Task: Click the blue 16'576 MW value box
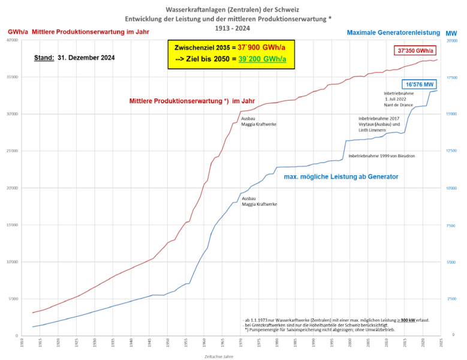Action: [417, 85]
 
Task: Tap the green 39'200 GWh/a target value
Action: [262, 59]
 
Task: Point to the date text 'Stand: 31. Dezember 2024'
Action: [74, 58]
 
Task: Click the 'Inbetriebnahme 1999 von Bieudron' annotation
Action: [382, 156]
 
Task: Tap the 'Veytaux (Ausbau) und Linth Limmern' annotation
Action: [379, 125]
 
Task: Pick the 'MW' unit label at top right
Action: [451, 32]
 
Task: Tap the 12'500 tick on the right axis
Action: [451, 151]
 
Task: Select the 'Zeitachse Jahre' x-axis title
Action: [225, 355]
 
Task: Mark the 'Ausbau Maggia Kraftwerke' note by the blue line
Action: [259, 201]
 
